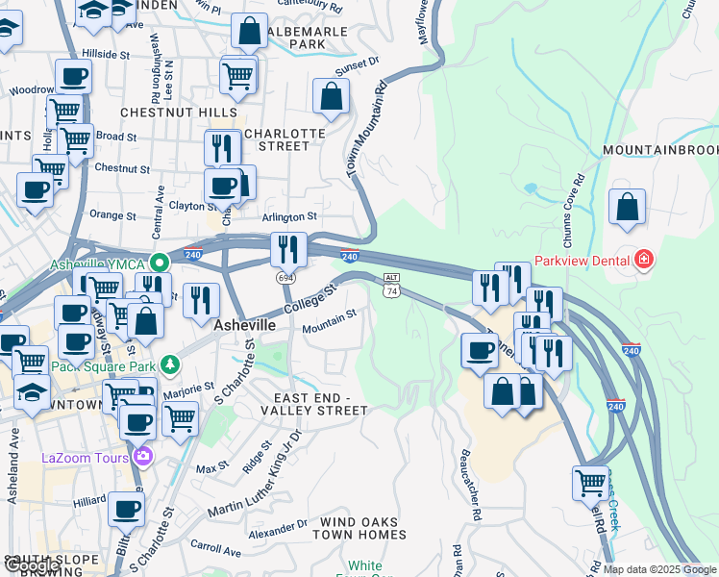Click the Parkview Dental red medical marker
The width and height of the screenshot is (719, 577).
pos(644,259)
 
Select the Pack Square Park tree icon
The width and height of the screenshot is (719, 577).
pos(170,364)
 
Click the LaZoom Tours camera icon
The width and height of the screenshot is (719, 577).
pos(143,456)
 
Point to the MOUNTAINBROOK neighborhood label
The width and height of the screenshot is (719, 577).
pos(661,151)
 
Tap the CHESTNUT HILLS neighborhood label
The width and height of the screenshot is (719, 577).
pos(181,113)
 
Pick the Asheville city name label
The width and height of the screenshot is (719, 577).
pos(244,325)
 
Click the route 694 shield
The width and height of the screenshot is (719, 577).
pos(285,277)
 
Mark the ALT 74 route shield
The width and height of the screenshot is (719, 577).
pos(391,284)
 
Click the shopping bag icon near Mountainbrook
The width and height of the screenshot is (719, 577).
pos(627,208)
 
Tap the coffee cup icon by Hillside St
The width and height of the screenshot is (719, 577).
pos(73,77)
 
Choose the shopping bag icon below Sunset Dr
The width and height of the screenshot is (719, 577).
pos(331,97)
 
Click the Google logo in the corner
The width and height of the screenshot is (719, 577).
pos(32,566)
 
